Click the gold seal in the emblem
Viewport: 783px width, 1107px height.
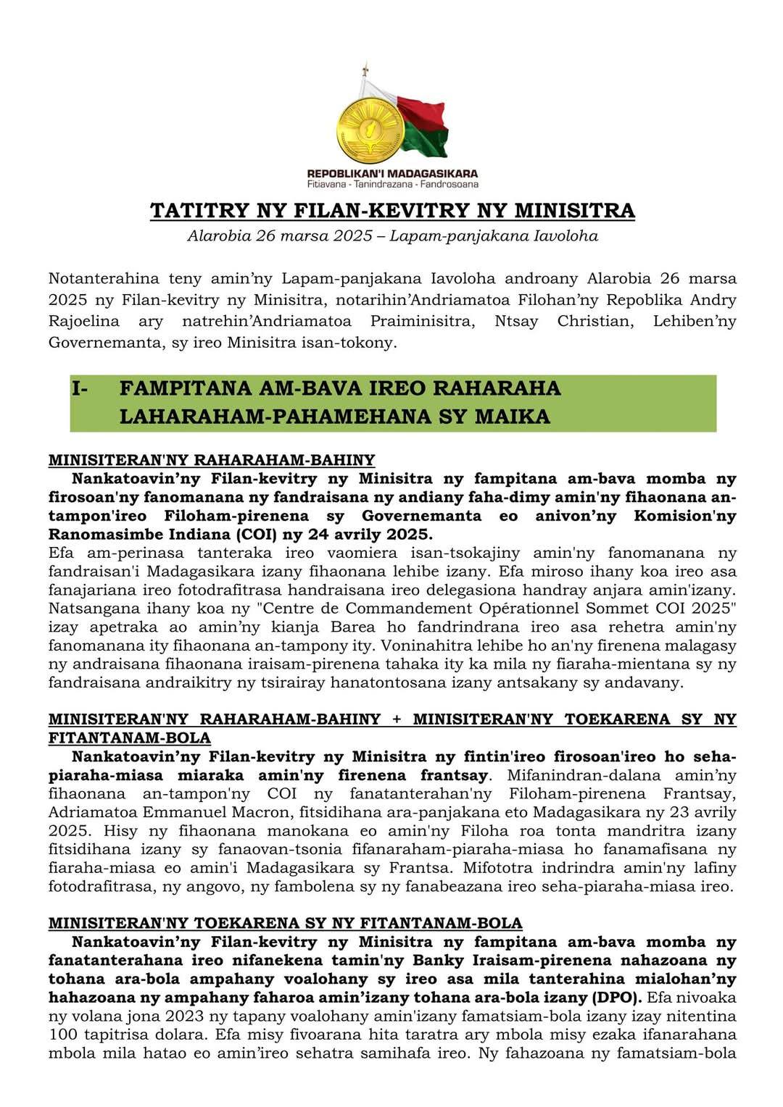tap(370, 130)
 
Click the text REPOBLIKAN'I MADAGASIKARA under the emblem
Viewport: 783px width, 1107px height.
tap(392, 174)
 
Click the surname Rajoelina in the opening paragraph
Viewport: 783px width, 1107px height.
tap(80, 321)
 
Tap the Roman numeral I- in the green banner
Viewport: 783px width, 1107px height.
tap(79, 388)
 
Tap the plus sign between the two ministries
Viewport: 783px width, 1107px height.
tap(396, 719)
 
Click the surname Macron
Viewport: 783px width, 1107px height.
tap(299, 812)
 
